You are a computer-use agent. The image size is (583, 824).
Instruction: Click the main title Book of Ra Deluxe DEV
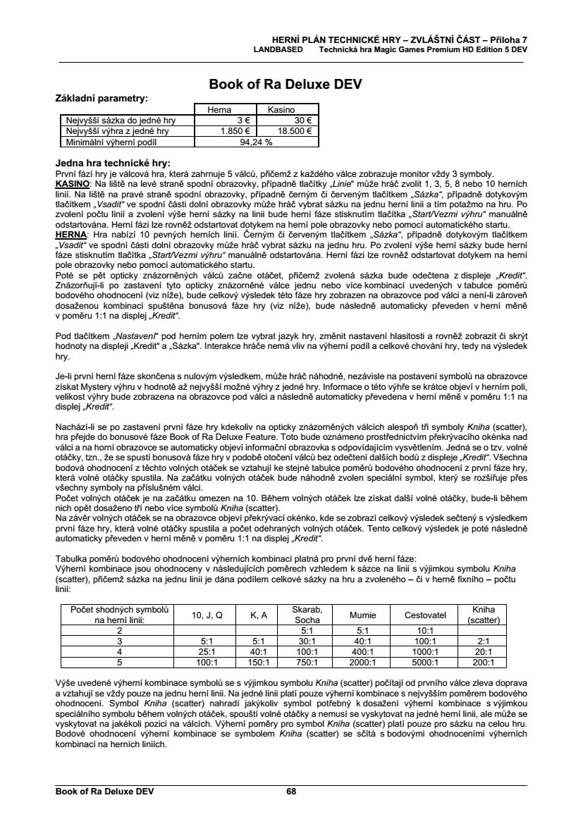pos(286,85)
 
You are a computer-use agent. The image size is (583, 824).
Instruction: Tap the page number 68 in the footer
pos(291,792)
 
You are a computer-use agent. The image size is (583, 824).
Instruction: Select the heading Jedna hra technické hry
pos(112,162)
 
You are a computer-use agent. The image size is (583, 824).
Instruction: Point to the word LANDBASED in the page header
pos(278,51)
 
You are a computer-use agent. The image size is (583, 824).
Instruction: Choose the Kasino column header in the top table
pos(281,110)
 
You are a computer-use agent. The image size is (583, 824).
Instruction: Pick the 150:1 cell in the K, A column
pos(259,662)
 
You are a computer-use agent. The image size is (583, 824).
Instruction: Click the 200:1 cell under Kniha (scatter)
pos(483,662)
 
